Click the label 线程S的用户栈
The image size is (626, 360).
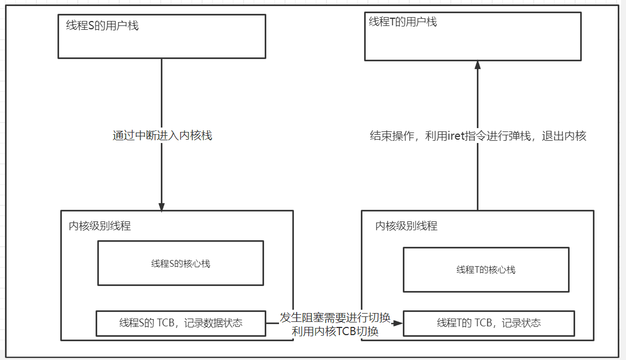(102, 25)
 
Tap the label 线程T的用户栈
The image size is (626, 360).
(403, 22)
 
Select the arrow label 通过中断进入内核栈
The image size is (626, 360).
(162, 136)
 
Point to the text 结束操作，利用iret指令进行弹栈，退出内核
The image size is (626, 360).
(477, 136)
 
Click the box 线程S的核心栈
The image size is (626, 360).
(181, 263)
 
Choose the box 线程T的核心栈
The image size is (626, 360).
(486, 269)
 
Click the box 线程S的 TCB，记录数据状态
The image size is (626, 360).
(181, 323)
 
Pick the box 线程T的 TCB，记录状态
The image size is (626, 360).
(488, 323)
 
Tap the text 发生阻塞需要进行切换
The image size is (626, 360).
(335, 317)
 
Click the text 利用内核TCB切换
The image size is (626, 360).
(335, 331)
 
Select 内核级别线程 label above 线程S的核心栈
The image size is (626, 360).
(100, 225)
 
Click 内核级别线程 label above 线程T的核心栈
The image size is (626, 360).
(406, 225)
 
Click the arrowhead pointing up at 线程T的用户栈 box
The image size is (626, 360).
(477, 65)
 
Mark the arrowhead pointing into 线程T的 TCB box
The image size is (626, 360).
(398, 323)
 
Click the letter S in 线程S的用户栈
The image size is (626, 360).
(92, 25)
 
